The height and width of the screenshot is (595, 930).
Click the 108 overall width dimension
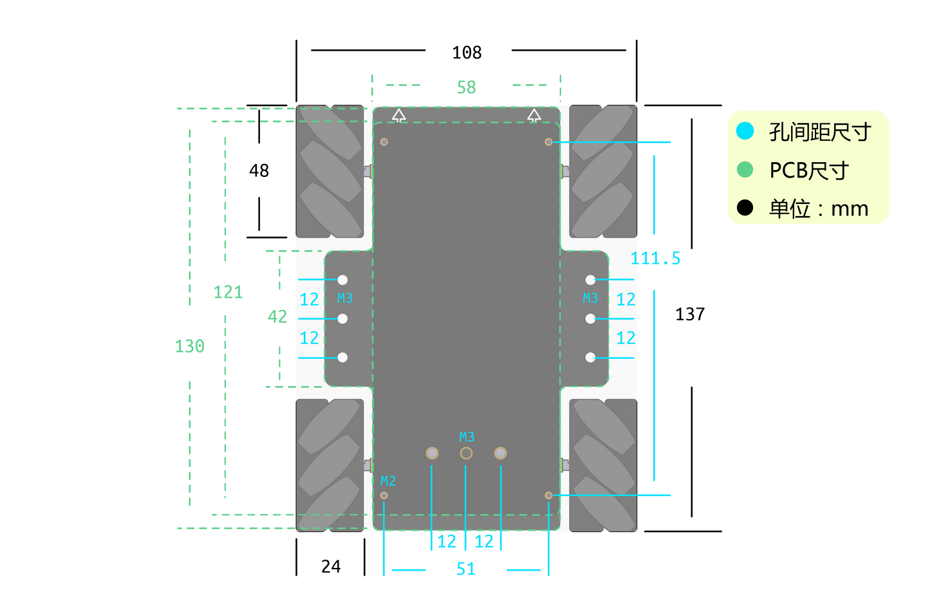[467, 53]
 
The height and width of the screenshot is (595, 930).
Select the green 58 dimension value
[466, 87]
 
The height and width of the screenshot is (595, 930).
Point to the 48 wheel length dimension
[259, 170]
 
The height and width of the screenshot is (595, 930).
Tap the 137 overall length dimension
[690, 314]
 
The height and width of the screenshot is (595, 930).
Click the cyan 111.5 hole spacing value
[656, 259]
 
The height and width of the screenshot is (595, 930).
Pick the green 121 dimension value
[228, 292]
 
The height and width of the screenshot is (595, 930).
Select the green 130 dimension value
[190, 346]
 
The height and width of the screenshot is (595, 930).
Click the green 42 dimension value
[277, 316]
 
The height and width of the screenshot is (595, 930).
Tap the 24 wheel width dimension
[331, 566]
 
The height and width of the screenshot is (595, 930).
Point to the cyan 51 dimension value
[466, 569]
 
